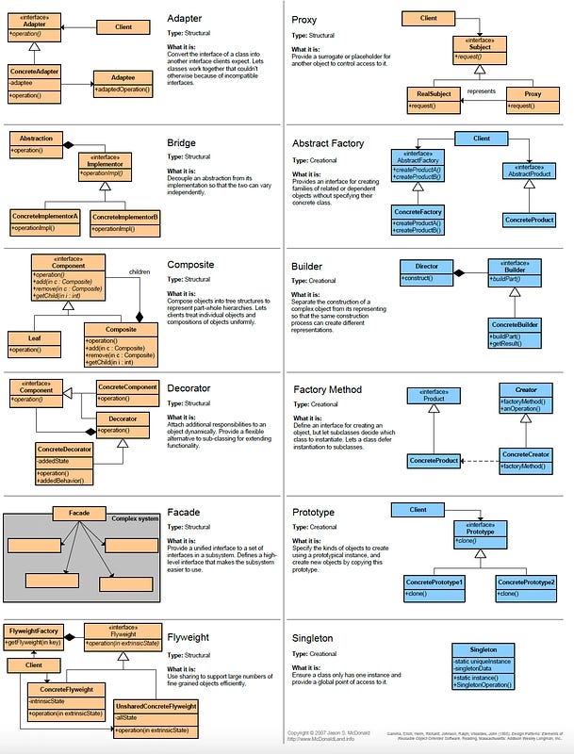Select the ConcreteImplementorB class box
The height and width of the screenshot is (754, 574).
[124, 222]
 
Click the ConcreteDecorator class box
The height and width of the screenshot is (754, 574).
[64, 464]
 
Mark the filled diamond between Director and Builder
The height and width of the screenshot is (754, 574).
[461, 272]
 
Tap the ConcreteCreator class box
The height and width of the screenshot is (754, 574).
[525, 460]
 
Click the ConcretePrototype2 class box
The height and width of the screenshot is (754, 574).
[524, 588]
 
